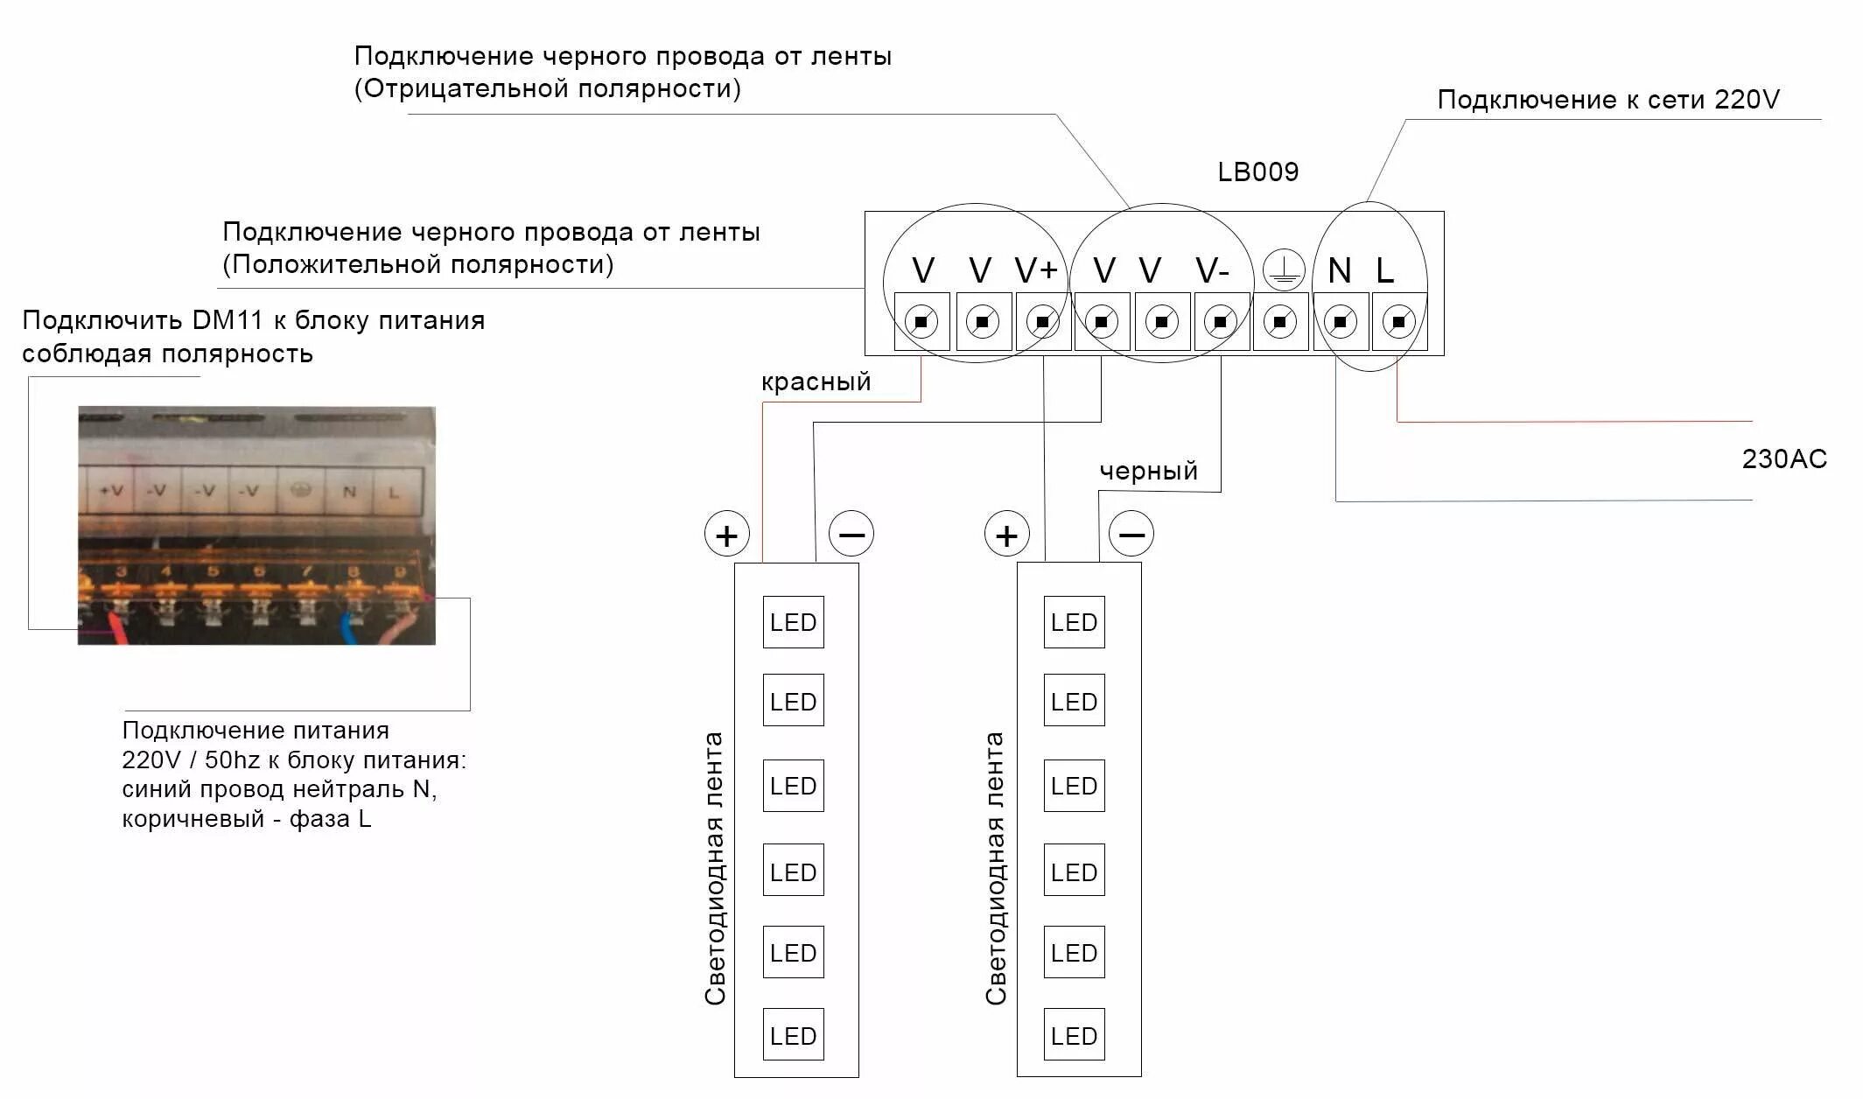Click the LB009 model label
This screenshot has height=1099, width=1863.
[1257, 171]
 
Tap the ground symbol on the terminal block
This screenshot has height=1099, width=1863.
[1283, 270]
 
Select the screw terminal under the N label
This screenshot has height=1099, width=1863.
[1340, 322]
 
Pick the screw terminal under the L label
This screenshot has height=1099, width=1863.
[1398, 322]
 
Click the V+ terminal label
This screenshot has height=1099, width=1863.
[1036, 271]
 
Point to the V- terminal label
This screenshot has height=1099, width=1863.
[1213, 271]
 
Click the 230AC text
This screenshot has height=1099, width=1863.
[1784, 459]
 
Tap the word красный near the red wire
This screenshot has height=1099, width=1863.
[816, 381]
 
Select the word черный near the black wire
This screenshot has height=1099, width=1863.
[1148, 472]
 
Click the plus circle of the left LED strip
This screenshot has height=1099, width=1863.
[727, 535]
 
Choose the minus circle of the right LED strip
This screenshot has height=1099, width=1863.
[1131, 534]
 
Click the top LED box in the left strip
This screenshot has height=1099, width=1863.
[793, 622]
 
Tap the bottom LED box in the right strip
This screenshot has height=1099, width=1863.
[1074, 1036]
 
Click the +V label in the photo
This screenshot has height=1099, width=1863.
[111, 491]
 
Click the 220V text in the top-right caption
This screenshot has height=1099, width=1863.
[1747, 100]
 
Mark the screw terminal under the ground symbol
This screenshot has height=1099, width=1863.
[1280, 322]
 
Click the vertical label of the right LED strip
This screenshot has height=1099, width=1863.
[996, 868]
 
